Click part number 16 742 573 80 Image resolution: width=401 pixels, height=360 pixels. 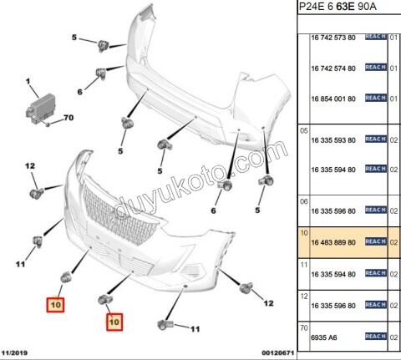coord(333,38)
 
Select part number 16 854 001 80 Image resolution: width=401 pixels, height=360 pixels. coord(333,99)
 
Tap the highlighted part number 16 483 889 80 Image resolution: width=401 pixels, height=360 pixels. coord(333,242)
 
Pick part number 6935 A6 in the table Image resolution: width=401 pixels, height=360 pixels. coord(324,337)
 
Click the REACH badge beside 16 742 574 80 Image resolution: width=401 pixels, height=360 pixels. coord(376,68)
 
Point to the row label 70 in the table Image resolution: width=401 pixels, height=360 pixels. coord(304,328)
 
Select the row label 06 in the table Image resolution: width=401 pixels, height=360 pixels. coord(304,201)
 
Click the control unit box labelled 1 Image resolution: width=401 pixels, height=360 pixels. coord(41,109)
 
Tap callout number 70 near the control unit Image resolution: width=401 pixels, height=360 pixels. coord(69,118)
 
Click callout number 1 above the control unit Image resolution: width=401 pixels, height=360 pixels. coord(28,82)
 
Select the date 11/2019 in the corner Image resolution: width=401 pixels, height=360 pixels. coord(14,353)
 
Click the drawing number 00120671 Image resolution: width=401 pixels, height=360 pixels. coord(277,353)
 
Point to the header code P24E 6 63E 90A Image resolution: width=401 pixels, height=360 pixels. coord(338,7)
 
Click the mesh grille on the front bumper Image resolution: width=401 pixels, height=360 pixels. coord(119,215)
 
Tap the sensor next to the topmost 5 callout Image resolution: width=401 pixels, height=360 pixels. coord(103,45)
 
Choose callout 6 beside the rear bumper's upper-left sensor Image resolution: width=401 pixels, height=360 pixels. coord(80,92)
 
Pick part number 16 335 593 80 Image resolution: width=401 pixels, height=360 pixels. coord(333,140)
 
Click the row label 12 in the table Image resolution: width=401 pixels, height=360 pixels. coord(304,296)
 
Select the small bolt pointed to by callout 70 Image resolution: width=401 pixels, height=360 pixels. coord(48,124)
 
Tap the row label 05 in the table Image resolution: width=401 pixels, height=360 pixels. coord(304,130)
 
